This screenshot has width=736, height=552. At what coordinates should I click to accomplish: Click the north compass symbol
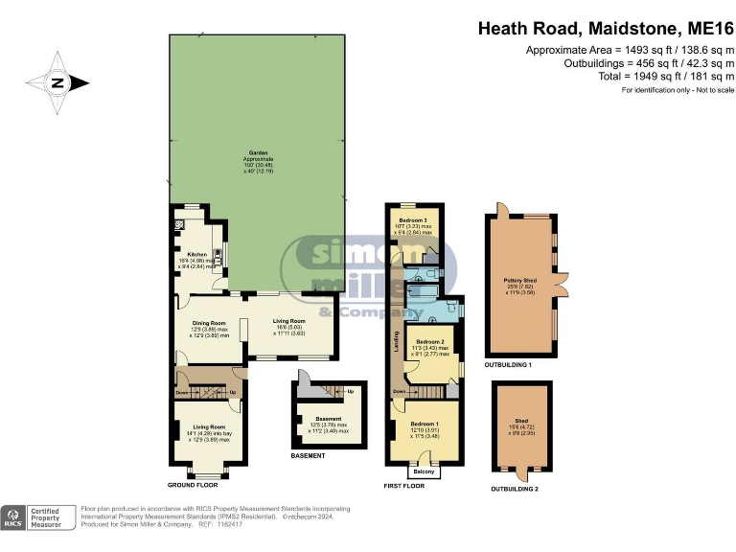tap(57, 82)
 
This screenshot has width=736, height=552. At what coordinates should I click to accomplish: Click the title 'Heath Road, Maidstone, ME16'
tap(606, 29)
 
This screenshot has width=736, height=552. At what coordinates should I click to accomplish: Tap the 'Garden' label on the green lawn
tap(258, 152)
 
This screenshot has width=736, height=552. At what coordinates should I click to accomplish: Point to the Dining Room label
tap(208, 324)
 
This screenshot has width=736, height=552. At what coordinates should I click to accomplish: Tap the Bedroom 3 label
tap(413, 220)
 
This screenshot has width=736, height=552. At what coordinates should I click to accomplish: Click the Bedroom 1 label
tap(424, 423)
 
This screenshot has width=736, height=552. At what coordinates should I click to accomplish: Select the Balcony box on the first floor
tap(424, 471)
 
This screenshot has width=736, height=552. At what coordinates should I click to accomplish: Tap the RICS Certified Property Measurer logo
tap(38, 517)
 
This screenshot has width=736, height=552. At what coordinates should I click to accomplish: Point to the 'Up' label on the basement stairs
tap(350, 391)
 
